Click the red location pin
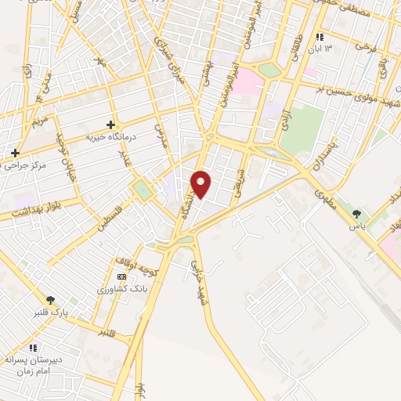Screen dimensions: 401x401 201,183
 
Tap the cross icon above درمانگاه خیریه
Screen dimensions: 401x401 110,125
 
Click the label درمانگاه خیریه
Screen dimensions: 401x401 110,137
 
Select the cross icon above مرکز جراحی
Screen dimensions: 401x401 15,152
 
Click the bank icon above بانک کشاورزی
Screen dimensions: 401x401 121,276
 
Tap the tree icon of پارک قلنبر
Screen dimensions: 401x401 52,298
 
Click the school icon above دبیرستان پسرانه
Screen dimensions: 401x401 33,348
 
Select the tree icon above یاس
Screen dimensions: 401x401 358,212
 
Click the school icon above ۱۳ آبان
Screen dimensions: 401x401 319,37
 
